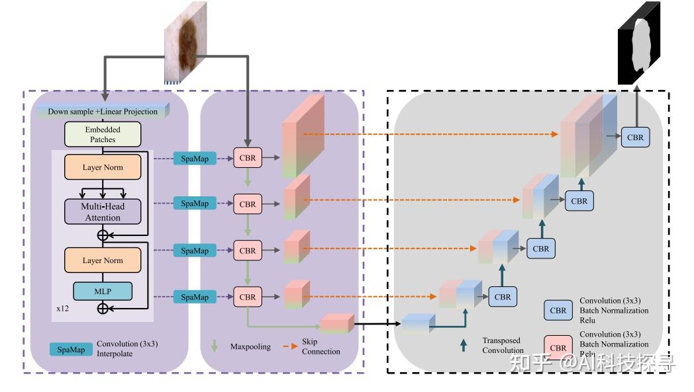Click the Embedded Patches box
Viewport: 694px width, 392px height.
[x=103, y=134]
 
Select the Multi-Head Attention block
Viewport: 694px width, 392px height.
[x=103, y=212]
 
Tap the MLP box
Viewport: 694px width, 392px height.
[x=103, y=291]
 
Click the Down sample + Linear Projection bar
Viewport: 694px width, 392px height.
[x=103, y=111]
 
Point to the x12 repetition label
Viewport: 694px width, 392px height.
[x=63, y=309]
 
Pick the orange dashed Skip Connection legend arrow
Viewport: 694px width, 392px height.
[x=289, y=346]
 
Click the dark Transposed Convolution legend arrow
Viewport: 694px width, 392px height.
[x=463, y=345]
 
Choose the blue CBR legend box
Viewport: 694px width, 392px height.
[x=558, y=311]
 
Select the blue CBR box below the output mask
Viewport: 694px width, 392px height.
[x=635, y=137]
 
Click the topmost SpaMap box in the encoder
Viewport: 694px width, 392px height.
[x=195, y=158]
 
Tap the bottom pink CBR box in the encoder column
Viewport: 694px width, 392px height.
[x=247, y=297]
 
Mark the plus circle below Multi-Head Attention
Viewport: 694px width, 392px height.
[x=103, y=235]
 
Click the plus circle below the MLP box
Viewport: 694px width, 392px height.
[x=103, y=308]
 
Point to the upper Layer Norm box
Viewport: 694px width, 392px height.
[x=103, y=167]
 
